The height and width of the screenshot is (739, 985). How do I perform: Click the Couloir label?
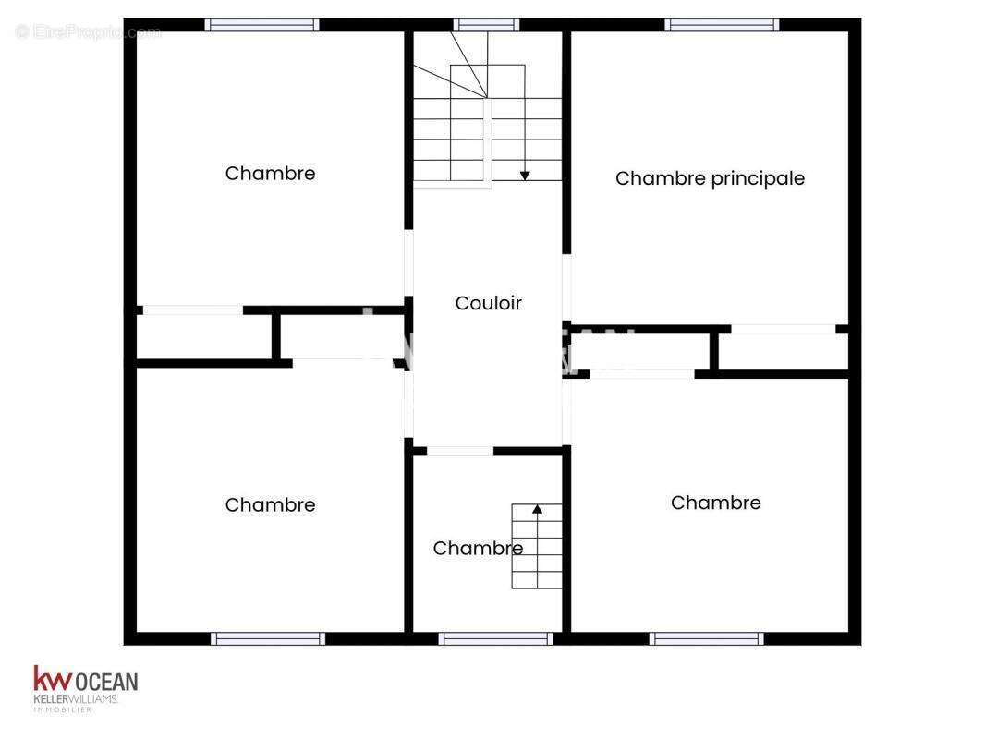click(x=488, y=303)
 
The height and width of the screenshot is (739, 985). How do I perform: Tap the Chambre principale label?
click(x=710, y=178)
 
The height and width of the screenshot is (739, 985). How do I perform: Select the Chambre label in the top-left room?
click(x=270, y=173)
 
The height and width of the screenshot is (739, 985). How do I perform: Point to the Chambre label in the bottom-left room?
click(x=270, y=504)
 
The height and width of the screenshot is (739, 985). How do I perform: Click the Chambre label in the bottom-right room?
click(x=715, y=503)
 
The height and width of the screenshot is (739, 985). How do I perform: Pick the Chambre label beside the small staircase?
click(x=477, y=548)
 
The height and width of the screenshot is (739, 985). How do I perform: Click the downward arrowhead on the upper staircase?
click(x=525, y=175)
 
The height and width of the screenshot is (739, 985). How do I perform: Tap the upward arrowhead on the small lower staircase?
click(x=537, y=508)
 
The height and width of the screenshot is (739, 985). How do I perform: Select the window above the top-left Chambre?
click(x=261, y=25)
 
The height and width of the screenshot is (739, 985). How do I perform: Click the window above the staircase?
click(x=486, y=25)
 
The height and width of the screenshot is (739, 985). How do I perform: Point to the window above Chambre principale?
click(x=721, y=25)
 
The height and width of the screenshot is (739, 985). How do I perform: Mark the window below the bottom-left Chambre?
click(x=268, y=638)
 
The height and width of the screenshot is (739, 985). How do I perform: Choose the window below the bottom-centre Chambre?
click(x=495, y=638)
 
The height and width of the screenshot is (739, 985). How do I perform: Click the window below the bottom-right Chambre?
click(x=706, y=638)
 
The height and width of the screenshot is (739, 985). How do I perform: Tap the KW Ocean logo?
click(x=85, y=688)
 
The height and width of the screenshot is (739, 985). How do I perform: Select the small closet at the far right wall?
click(x=784, y=351)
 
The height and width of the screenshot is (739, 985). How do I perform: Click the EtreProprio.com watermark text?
click(x=89, y=32)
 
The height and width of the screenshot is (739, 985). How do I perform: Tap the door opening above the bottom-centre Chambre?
click(x=460, y=451)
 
